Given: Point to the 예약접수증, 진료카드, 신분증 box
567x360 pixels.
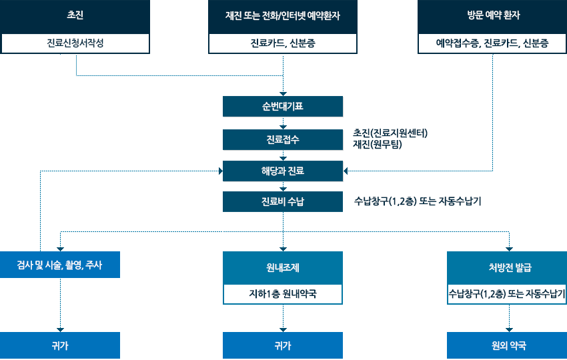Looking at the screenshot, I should pyautogui.click(x=492, y=44).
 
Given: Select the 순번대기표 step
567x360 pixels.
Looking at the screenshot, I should pyautogui.click(x=283, y=107).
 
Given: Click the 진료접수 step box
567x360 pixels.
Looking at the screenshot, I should pyautogui.click(x=283, y=140).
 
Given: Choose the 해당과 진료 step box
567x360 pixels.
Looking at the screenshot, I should pyautogui.click(x=283, y=171).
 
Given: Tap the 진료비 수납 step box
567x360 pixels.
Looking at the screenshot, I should pyautogui.click(x=283, y=201).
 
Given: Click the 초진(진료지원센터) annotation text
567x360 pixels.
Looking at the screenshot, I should pyautogui.click(x=390, y=132).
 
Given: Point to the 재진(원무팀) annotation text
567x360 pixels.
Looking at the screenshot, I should pyautogui.click(x=378, y=144).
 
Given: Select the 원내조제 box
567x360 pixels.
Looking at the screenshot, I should pyautogui.click(x=283, y=268).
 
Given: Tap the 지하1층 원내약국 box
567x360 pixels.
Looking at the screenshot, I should pyautogui.click(x=283, y=293).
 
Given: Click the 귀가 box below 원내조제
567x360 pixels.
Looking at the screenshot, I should pyautogui.click(x=283, y=345).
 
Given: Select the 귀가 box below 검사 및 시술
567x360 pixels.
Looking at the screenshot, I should pyautogui.click(x=60, y=345).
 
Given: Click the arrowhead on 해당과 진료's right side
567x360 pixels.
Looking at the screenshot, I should pyautogui.click(x=346, y=171).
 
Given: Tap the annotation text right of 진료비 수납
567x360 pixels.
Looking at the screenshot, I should pyautogui.click(x=418, y=201).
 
